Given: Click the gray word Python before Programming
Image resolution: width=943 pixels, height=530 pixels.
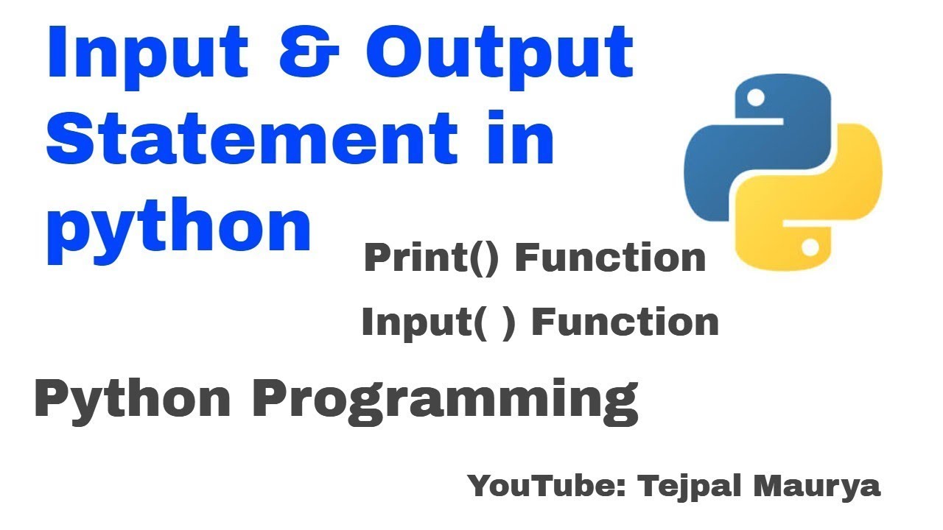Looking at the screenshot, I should pyautogui.click(x=133, y=400).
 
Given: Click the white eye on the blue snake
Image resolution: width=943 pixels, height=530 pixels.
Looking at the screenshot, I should pyautogui.click(x=755, y=96).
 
